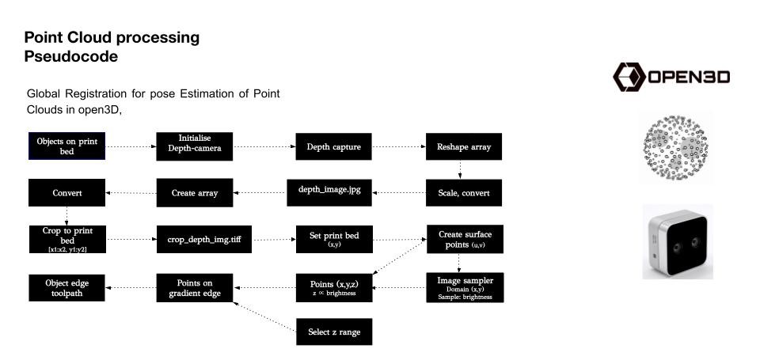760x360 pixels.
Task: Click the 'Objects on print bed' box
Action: (66, 146)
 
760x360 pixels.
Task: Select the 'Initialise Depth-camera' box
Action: (195, 146)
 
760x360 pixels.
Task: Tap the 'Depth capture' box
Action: (333, 146)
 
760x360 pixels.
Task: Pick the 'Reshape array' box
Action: (464, 146)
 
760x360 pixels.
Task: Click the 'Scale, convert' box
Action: (464, 193)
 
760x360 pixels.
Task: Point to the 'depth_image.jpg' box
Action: (329, 193)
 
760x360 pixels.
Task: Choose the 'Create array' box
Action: (195, 193)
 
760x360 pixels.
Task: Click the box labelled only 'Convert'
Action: (66, 193)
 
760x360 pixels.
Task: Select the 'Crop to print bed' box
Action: (67, 240)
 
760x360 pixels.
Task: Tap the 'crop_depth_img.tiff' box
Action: (204, 240)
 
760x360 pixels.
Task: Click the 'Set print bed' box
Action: (334, 240)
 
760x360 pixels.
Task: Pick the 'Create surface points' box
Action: (465, 240)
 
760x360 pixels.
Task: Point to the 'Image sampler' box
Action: (465, 288)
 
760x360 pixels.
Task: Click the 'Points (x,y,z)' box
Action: (334, 288)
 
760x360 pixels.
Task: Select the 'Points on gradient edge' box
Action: (195, 288)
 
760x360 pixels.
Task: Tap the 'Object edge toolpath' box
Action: (66, 288)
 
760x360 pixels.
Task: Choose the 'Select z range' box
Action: (334, 332)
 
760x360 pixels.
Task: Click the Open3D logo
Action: (671, 77)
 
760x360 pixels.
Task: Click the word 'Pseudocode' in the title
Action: (71, 57)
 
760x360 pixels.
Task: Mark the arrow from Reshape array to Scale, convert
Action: (459, 169)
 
